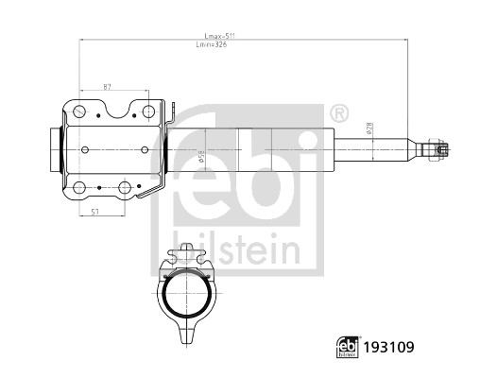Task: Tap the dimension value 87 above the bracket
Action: click(x=109, y=87)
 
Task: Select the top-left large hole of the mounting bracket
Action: click(x=80, y=113)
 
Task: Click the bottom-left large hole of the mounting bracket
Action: click(x=80, y=187)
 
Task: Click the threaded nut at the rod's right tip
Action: click(x=438, y=149)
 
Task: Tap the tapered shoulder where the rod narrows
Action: click(x=414, y=149)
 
